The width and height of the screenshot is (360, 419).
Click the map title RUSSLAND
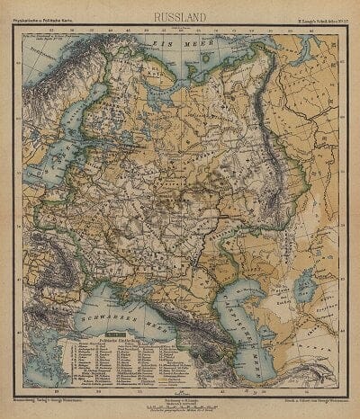pyautogui.click(x=180, y=16)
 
